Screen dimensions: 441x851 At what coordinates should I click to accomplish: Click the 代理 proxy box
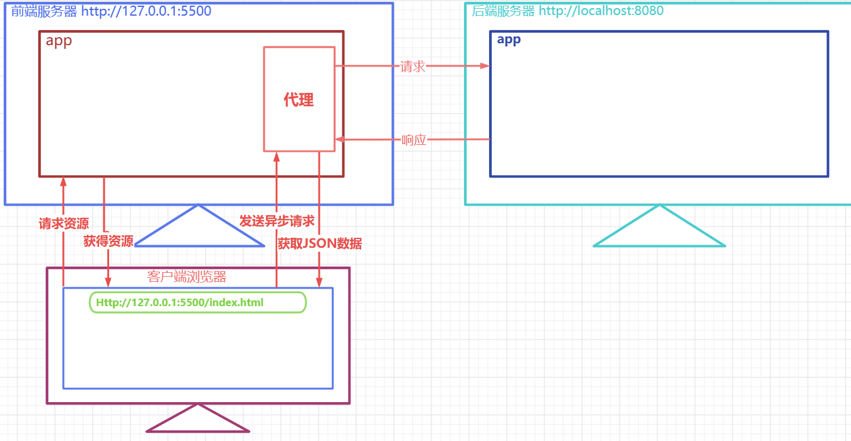[x=299, y=99]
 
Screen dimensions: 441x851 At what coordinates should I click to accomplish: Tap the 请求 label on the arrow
[x=413, y=66]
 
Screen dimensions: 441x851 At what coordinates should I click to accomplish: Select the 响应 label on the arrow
[x=414, y=140]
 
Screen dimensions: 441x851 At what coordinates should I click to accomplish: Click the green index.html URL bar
[x=198, y=302]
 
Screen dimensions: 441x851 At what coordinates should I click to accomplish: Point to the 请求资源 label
[x=63, y=223]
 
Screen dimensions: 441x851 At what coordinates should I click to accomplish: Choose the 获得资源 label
[x=108, y=242]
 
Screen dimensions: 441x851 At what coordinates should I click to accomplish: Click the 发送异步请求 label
[x=277, y=221]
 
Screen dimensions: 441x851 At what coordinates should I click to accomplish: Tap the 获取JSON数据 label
[x=320, y=243]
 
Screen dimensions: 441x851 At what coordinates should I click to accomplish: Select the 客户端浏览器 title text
[x=186, y=277]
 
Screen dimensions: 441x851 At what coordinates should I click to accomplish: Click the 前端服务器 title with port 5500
[x=111, y=11]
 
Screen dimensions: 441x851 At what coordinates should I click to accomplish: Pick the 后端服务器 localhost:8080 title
[x=567, y=11]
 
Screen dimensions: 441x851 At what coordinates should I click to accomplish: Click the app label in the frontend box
[x=59, y=41]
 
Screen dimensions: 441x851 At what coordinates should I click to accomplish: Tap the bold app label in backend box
[x=509, y=40]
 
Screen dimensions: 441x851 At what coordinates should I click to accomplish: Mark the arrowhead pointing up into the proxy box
[x=276, y=157]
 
